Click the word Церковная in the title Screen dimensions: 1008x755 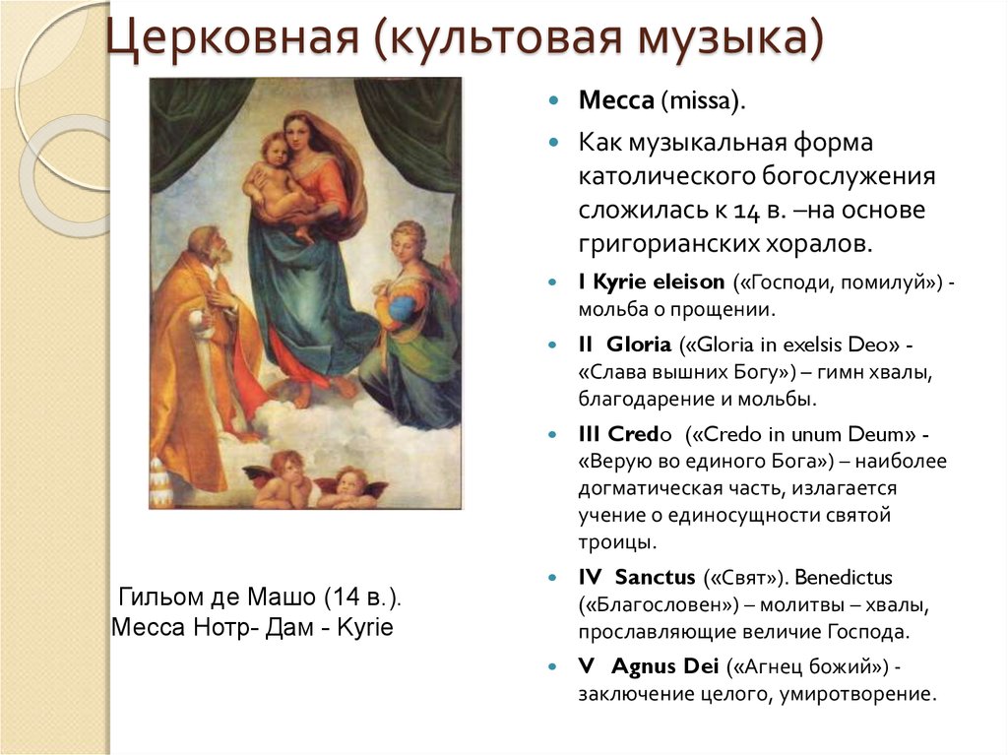[232, 36]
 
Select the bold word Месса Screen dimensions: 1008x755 [616, 100]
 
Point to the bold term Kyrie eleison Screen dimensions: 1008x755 [659, 282]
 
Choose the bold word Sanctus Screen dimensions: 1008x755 [655, 577]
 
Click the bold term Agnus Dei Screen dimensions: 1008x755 [664, 666]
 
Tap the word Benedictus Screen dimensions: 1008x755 [843, 577]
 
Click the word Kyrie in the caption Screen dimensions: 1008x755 [364, 627]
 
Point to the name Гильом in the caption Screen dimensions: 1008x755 [162, 597]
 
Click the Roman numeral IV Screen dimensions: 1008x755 [590, 577]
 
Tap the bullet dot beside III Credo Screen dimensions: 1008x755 [552, 434]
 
